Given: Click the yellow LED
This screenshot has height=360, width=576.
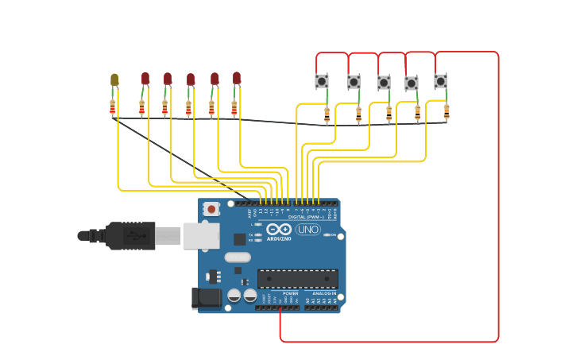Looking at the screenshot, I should click(x=114, y=79).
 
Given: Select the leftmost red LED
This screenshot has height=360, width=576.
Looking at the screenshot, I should click(x=145, y=78).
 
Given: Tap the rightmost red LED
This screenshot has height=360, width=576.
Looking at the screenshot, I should click(x=237, y=77).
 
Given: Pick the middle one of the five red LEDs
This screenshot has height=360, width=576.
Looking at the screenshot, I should click(x=191, y=79).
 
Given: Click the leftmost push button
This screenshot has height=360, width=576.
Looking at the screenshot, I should click(x=322, y=81).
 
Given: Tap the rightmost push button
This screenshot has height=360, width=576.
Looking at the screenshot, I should click(x=440, y=81).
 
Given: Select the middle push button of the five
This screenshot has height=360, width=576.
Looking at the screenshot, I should click(x=384, y=83).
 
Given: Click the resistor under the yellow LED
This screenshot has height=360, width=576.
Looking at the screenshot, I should click(x=113, y=107).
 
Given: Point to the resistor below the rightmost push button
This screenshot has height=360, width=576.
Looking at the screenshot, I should click(x=446, y=111).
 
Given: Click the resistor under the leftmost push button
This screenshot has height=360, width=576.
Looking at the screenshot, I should click(x=327, y=115).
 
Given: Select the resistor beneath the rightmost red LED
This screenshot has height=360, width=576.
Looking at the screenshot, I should click(x=234, y=107).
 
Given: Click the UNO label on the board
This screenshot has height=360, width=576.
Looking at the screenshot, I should click(x=308, y=230).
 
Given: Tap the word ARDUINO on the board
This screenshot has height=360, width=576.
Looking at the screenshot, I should click(x=278, y=238).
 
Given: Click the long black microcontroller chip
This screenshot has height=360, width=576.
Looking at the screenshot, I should click(x=297, y=278).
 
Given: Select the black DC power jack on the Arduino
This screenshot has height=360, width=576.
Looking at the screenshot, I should click(x=206, y=298).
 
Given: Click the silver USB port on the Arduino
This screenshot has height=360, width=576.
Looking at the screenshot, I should click(x=202, y=235).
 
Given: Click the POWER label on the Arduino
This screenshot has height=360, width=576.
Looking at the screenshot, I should click(x=291, y=293).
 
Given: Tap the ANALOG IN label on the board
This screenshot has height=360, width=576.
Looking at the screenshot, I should click(x=324, y=293).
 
